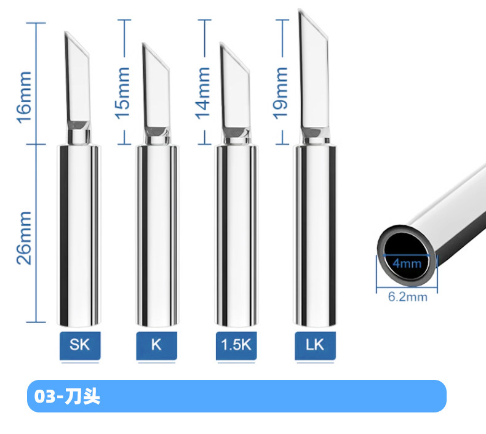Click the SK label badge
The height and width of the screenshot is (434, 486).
pos(80,345)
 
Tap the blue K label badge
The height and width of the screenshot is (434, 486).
pos(156,345)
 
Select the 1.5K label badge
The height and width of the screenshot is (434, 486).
pos(236,345)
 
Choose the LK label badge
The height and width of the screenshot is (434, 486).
pos(315,345)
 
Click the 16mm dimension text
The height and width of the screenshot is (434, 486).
pos(24,97)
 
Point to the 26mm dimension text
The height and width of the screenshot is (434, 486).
pos(24,238)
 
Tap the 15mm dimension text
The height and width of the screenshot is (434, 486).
pos(122,93)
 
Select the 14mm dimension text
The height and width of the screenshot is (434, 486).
pos(202,93)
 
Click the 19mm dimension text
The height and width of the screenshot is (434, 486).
pos(280,93)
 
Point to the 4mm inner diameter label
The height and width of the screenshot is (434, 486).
pos(407,263)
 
